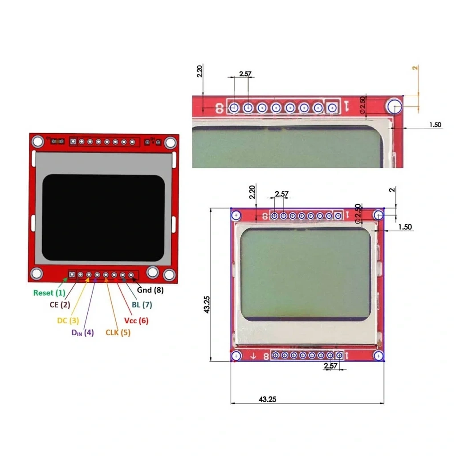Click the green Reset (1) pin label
[x=49, y=293]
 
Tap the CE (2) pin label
[x=60, y=305]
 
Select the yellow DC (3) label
[x=68, y=321]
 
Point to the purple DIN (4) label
[x=82, y=332]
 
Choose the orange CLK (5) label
[x=118, y=332]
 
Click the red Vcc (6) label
[x=136, y=321]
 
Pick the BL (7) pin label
[x=142, y=305]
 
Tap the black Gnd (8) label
[x=150, y=290]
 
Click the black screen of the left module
[x=103, y=218]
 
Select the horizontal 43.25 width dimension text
[x=268, y=399]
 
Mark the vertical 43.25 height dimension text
[x=207, y=305]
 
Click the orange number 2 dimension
[x=415, y=68]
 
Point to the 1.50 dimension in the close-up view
[x=436, y=125]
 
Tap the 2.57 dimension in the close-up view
[x=245, y=74]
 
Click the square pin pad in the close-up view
[x=332, y=108]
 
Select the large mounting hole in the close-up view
[x=395, y=107]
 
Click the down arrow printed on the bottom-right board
[x=253, y=356]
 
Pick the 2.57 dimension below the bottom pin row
[x=331, y=366]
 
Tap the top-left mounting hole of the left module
[x=38, y=142]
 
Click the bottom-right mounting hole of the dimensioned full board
[x=379, y=356]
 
